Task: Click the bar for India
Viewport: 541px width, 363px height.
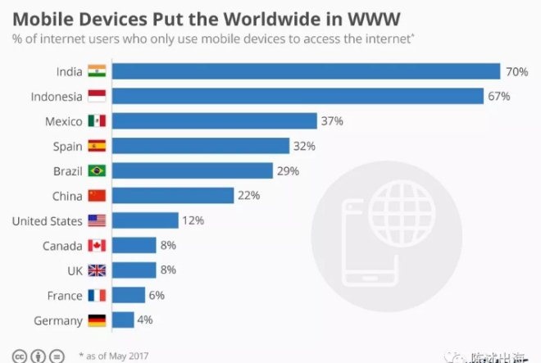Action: (306, 71)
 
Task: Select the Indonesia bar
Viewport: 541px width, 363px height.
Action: (298, 97)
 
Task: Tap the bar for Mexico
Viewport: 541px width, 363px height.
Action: (214, 121)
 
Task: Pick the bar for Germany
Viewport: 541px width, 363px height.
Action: (123, 320)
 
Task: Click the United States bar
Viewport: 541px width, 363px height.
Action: (145, 220)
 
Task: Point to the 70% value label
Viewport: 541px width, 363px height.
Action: (516, 72)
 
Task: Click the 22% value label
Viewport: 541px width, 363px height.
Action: (249, 196)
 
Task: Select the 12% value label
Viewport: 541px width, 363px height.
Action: (193, 220)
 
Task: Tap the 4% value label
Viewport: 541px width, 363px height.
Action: (144, 320)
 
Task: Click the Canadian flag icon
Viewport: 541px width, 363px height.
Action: (97, 246)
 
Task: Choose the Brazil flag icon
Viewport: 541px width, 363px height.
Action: (97, 171)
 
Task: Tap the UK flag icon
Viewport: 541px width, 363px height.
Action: (97, 270)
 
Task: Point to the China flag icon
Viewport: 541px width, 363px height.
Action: (97, 196)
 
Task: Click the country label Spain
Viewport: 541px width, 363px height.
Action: (67, 147)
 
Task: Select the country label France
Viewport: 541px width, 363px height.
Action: (64, 296)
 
